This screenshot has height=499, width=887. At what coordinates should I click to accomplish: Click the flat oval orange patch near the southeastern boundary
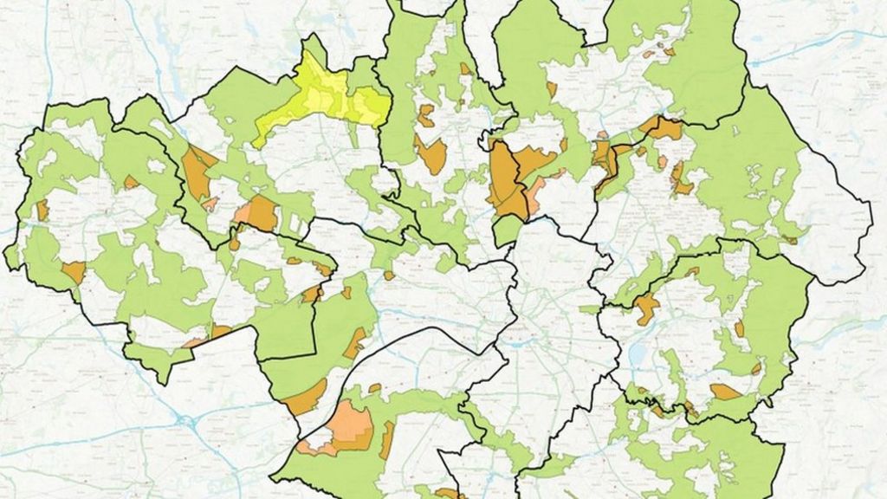pos(725,392)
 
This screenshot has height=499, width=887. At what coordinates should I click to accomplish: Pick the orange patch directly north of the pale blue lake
pos(645,307)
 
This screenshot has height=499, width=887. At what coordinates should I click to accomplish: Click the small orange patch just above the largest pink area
pos(374,388)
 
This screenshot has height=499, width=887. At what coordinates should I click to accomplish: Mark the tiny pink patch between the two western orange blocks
pos(210,204)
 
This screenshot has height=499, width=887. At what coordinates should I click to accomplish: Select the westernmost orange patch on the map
pos(42,210)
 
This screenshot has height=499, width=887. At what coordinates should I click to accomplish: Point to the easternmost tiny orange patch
pos(789,239)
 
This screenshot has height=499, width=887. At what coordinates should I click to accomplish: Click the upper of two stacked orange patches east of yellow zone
pos(425,114)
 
